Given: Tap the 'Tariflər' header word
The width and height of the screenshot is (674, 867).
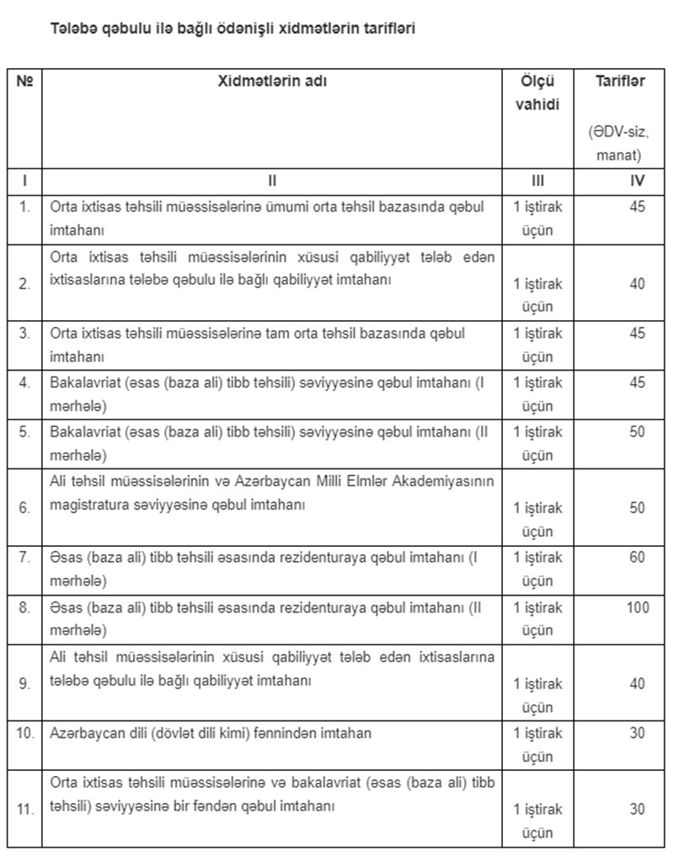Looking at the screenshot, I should tap(620, 82).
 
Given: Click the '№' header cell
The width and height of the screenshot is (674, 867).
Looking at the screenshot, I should tap(24, 82).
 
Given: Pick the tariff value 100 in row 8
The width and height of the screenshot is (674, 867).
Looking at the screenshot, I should tap(638, 607).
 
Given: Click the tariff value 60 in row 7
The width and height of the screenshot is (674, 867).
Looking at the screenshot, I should tap(638, 558).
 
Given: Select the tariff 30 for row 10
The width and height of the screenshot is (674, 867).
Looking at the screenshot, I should tap(638, 733).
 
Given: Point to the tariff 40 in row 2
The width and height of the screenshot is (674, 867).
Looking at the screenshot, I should tap(638, 284).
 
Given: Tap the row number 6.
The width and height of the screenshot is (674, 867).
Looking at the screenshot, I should tap(25, 508).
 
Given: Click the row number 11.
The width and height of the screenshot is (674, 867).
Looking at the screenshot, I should tap(25, 809).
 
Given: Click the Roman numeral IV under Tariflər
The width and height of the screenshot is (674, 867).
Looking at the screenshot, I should tap(638, 181).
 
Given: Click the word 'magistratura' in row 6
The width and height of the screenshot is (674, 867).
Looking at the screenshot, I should tap(88, 505).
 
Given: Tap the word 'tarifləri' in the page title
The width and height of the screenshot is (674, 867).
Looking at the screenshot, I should tap(388, 29).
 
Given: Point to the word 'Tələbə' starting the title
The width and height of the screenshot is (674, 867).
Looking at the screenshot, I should tap(72, 29).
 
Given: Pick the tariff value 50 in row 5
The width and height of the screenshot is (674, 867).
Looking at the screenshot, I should tap(638, 432).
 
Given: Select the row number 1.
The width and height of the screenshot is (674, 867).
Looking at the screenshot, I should tap(25, 207).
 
